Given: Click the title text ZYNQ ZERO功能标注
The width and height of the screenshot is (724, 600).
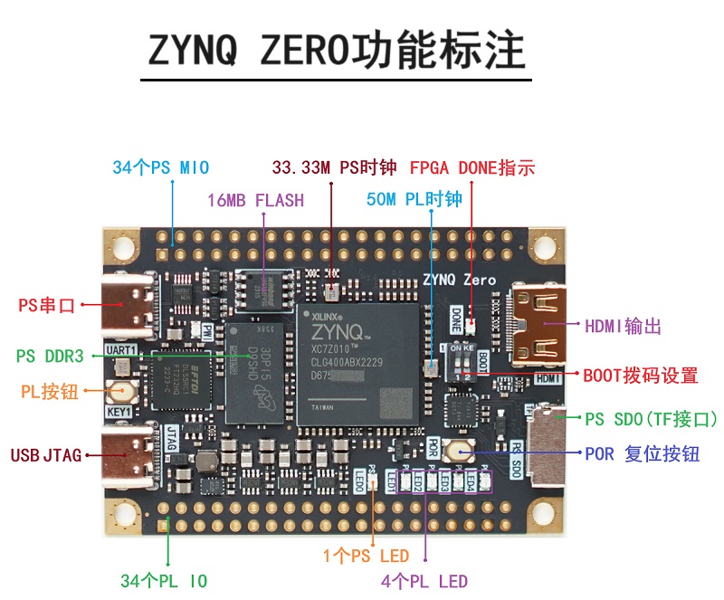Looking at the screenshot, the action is pyautogui.click(x=337, y=51).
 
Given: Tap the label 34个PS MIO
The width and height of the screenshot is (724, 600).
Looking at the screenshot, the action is pyautogui.click(x=160, y=167).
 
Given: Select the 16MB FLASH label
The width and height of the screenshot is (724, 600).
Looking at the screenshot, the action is pyautogui.click(x=255, y=200).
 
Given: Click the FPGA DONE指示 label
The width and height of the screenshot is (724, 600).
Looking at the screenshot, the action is pyautogui.click(x=472, y=167).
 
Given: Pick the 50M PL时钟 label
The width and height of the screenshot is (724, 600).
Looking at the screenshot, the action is pyautogui.click(x=414, y=200).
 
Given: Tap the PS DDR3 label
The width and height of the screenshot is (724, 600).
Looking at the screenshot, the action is pyautogui.click(x=50, y=357).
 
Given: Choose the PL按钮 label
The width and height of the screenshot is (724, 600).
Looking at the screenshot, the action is pyautogui.click(x=50, y=392).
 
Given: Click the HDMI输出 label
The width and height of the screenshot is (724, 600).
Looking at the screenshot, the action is pyautogui.click(x=623, y=326).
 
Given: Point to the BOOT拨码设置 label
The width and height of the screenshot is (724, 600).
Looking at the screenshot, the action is pyautogui.click(x=640, y=375).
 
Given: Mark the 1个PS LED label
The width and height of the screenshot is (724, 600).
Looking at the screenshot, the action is pyautogui.click(x=366, y=556).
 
